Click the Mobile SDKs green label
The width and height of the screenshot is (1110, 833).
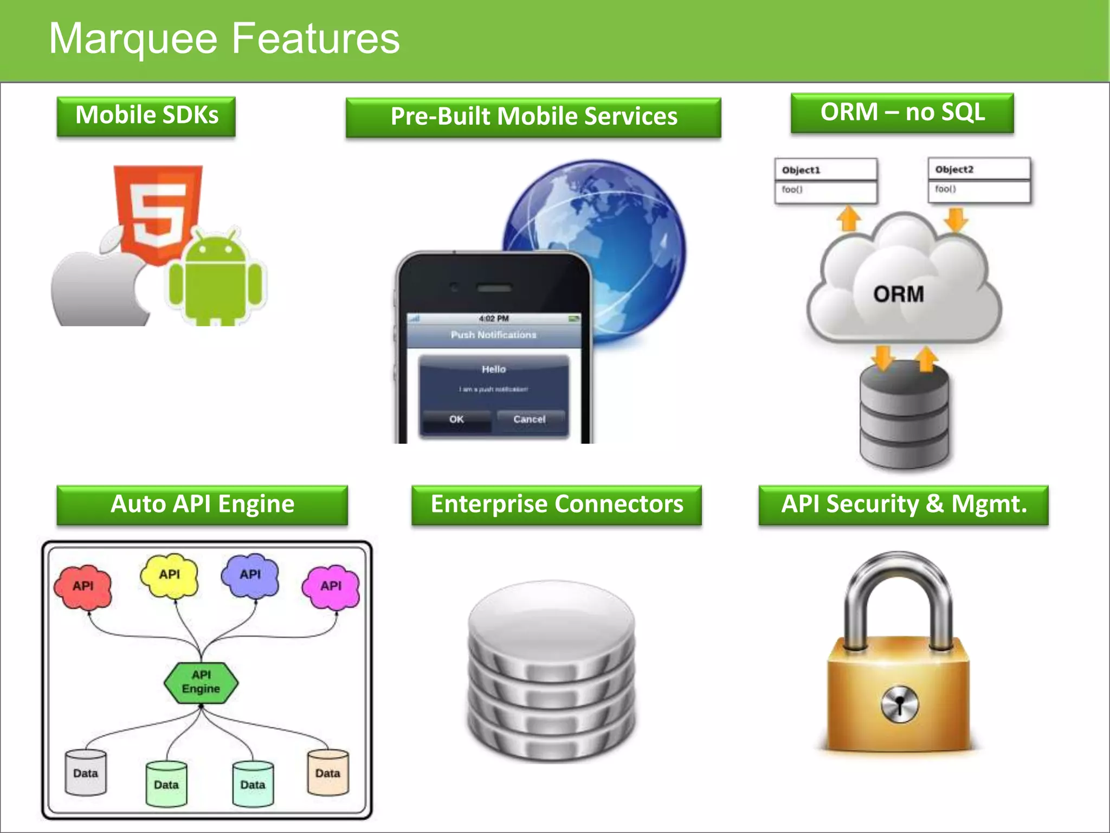coord(146,116)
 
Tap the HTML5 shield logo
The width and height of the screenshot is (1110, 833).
coord(158,212)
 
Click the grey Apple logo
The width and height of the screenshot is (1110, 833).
coord(98,287)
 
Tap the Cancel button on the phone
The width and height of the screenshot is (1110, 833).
coord(530,419)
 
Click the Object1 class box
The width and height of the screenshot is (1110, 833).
coord(825,181)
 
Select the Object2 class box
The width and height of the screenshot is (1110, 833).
coord(979,180)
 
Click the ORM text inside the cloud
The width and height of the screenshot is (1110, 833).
coord(899,294)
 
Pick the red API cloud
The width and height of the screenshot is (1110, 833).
coord(83,586)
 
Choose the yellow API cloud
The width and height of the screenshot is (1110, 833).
coord(169,575)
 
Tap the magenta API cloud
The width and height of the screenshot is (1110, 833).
coord(331,586)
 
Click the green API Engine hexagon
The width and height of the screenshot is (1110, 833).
coord(201,682)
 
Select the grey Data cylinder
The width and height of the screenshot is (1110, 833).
coord(86,773)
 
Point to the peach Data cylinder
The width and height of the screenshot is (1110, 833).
coord(327,773)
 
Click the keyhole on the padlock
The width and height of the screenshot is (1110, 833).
coord(900,705)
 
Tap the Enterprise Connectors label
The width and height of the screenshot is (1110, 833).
coord(557,504)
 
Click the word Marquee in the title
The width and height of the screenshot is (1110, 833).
coord(133,39)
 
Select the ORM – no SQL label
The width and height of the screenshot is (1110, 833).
coord(902,113)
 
